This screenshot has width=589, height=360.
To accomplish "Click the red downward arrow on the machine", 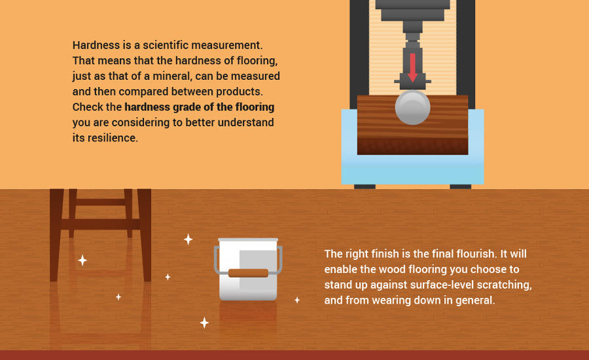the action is click(412, 67).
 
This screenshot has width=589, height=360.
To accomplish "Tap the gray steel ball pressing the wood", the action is click(412, 107).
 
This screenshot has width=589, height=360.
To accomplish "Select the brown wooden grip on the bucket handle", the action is click(248, 273).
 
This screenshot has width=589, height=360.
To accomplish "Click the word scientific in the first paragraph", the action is click(166, 45).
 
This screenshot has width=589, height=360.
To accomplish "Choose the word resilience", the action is click(113, 138).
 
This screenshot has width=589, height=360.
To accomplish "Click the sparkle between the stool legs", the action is click(82, 260).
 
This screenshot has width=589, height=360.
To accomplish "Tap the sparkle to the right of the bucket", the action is click(297, 300).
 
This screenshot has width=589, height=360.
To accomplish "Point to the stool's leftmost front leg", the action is click(56, 235).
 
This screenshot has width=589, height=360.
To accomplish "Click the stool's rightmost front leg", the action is click(145, 235).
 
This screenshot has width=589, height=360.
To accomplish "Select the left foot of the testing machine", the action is click(365, 187).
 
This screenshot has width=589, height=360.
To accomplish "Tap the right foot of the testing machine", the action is click(461, 187).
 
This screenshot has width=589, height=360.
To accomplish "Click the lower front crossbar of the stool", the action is click(100, 225).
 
